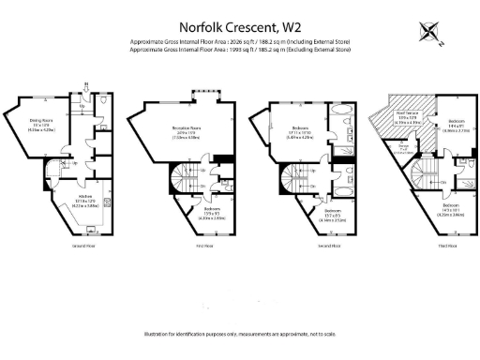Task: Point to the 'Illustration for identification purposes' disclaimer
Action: [239, 334]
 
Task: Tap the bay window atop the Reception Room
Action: [206, 93]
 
